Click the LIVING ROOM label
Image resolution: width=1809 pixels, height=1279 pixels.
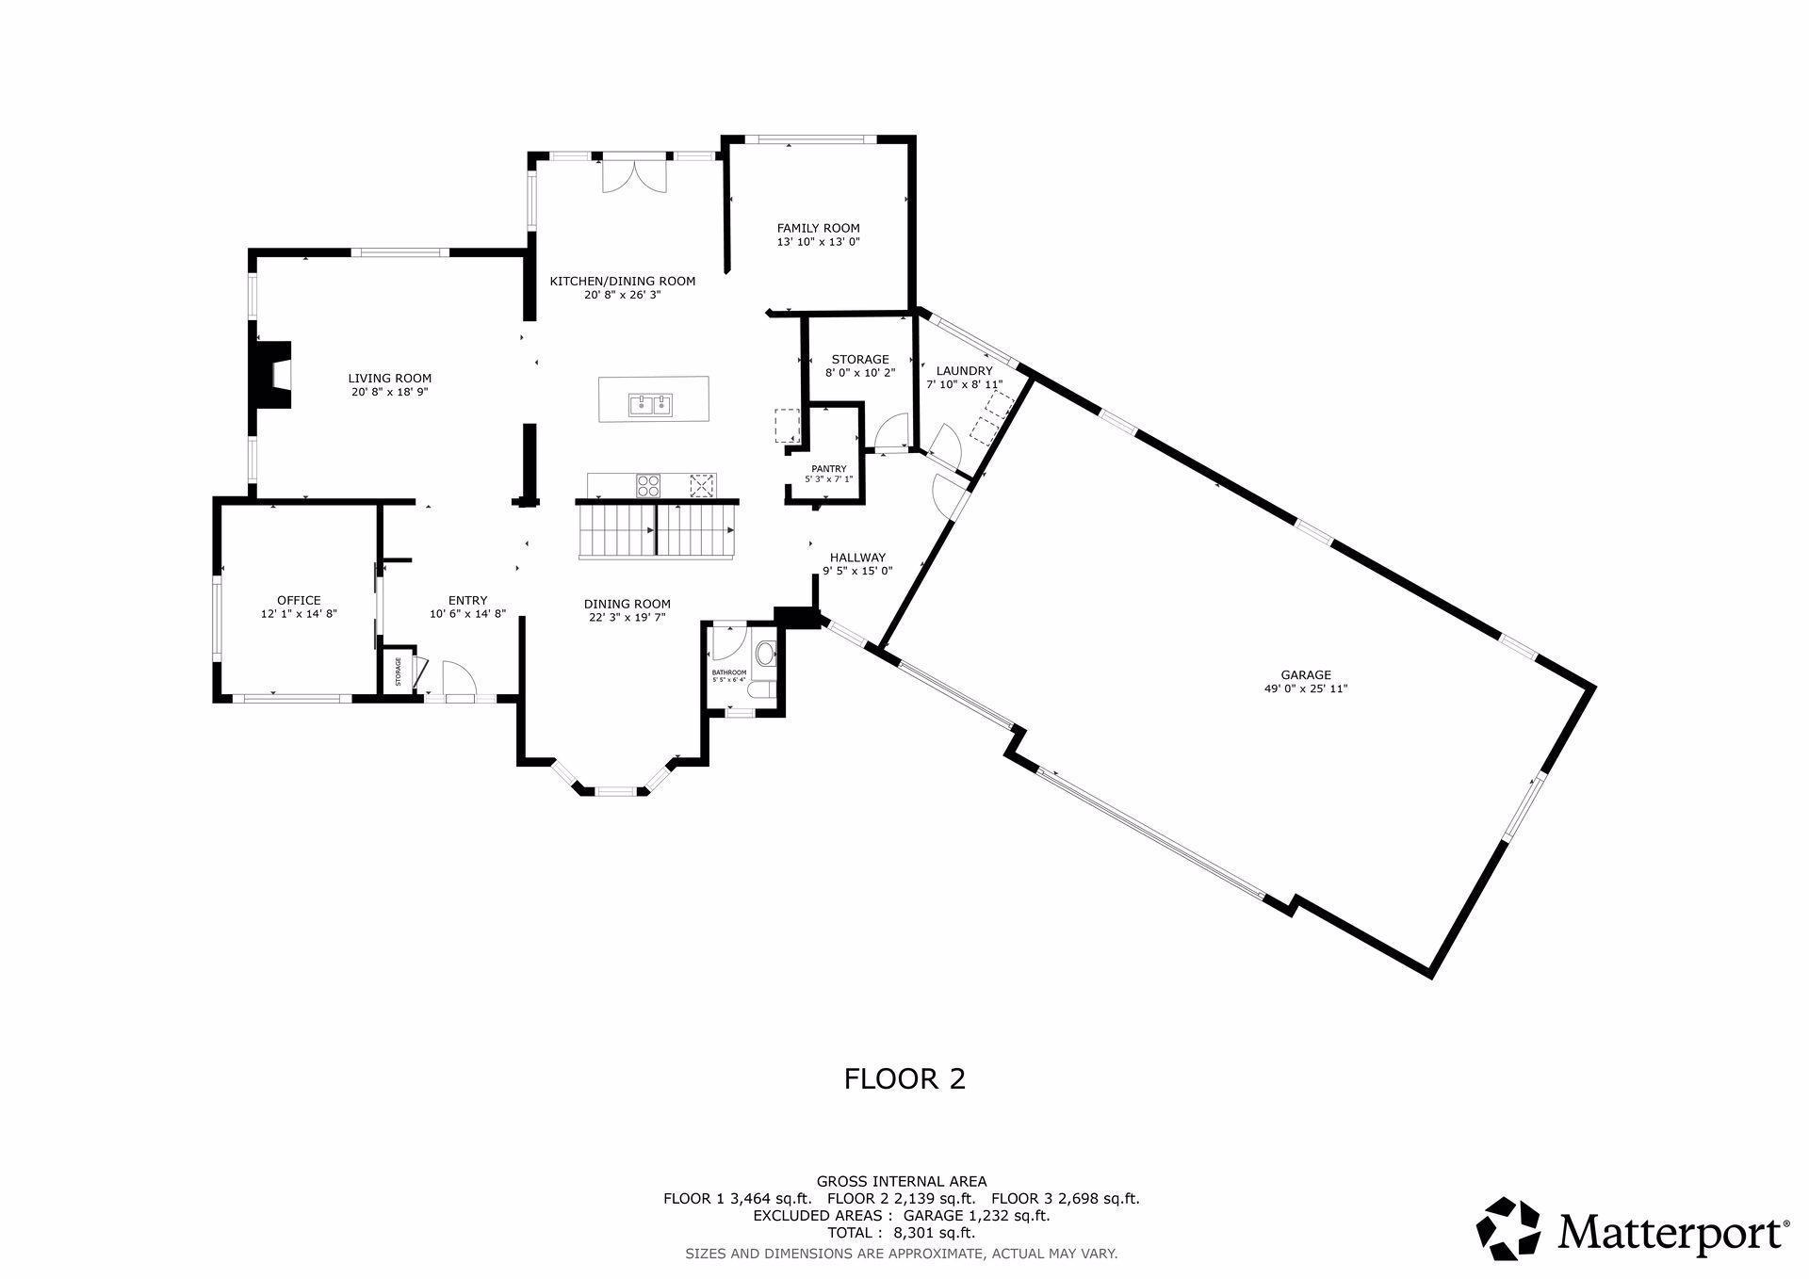pyautogui.click(x=389, y=379)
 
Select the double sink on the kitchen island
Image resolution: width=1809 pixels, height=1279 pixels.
pyautogui.click(x=650, y=405)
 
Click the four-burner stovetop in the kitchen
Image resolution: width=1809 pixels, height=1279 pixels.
pyautogui.click(x=649, y=485)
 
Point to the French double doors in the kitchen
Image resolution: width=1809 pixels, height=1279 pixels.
pyautogui.click(x=633, y=176)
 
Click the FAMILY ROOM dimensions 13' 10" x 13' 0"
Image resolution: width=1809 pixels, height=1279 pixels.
pyautogui.click(x=818, y=242)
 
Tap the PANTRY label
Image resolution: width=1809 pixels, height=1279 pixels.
pyautogui.click(x=828, y=469)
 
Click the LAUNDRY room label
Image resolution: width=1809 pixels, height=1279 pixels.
pyautogui.click(x=963, y=371)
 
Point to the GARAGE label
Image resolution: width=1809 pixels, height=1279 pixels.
pyautogui.click(x=1305, y=674)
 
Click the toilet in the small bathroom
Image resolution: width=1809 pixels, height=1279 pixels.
pyautogui.click(x=765, y=652)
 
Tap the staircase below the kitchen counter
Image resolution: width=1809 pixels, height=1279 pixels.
pyautogui.click(x=657, y=531)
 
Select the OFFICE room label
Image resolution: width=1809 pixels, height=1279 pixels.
pyautogui.click(x=299, y=600)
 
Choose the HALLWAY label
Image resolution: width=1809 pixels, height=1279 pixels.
pyautogui.click(x=857, y=558)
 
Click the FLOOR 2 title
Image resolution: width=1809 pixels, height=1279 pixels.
pyautogui.click(x=904, y=1078)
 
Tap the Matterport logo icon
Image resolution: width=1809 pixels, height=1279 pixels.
pyautogui.click(x=1507, y=1228)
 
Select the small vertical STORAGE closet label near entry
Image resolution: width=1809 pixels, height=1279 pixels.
pyautogui.click(x=398, y=672)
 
